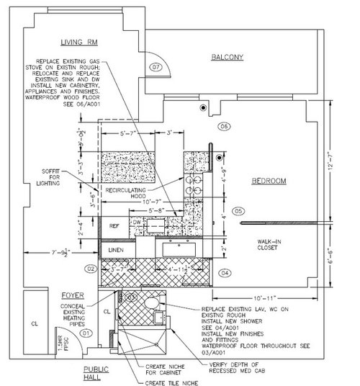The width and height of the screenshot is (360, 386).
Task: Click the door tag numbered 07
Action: click(154, 68)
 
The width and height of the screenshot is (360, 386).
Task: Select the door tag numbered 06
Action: click(224, 127)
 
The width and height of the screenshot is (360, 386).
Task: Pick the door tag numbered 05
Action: click(240, 211)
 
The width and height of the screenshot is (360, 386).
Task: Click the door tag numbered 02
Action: click(91, 269)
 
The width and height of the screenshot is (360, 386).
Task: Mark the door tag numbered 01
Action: click(85, 333)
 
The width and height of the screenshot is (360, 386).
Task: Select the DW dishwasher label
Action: click(136, 224)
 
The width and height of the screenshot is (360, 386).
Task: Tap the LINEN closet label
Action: click(117, 250)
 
